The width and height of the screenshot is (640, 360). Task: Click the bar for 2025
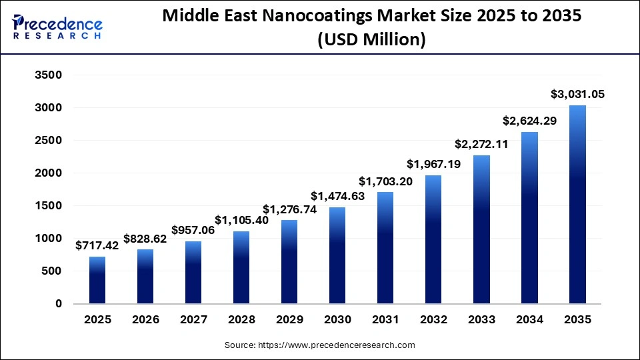pos(97,280)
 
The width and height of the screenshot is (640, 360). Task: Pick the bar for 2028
pos(241,267)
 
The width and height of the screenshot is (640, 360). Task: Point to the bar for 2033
pos(481,229)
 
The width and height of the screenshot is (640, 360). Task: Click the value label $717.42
pos(97,245)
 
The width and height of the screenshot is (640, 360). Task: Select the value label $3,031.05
pos(577,94)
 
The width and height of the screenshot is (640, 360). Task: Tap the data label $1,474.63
pos(337,196)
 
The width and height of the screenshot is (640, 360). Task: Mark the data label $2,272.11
pos(481,144)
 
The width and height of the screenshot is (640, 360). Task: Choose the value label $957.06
pos(193,230)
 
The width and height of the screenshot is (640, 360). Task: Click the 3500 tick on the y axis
pos(48,75)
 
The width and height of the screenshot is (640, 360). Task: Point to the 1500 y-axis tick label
pos(48,206)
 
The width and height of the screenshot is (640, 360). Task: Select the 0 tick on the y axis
pos(58,304)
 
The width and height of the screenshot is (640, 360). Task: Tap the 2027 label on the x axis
pos(193,320)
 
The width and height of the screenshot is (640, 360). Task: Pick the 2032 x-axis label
pos(433,320)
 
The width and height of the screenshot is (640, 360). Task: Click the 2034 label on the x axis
pos(529,320)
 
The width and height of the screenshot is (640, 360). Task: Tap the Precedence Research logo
pos(57,27)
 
